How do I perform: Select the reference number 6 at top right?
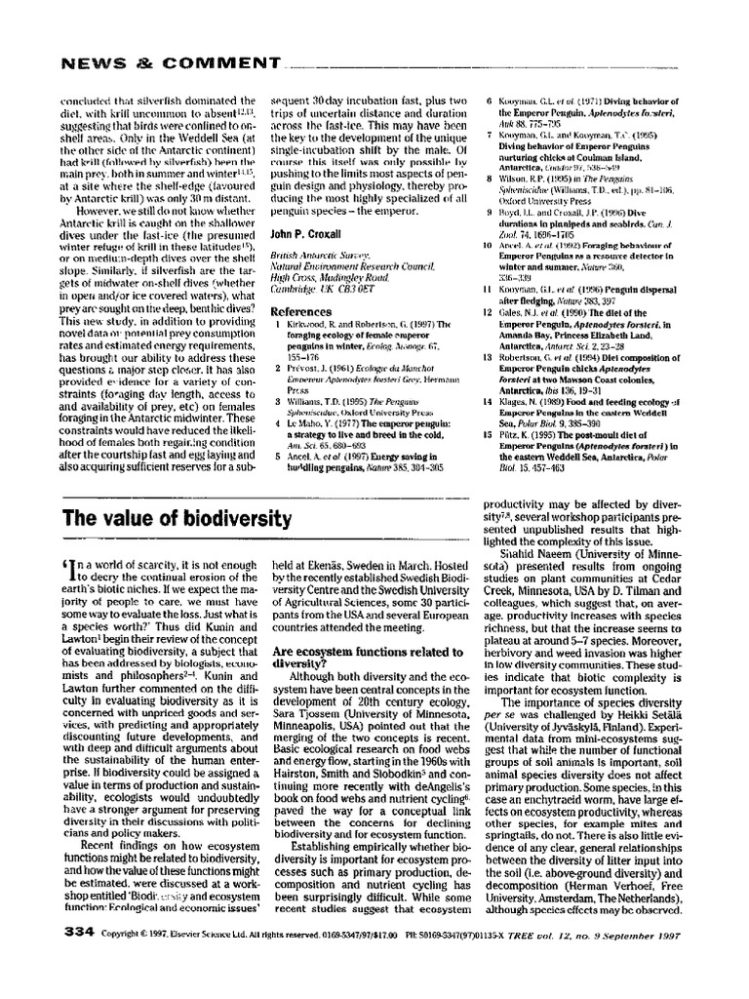click(x=490, y=100)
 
